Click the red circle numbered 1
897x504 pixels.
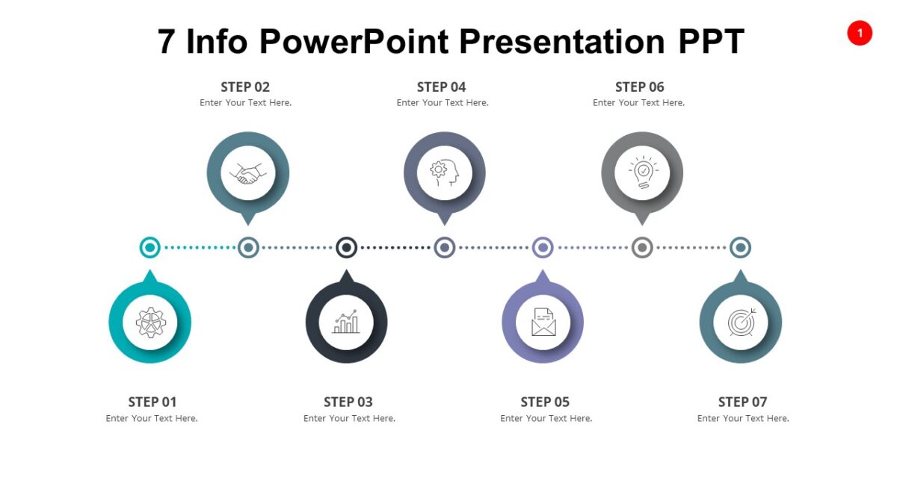tap(859, 33)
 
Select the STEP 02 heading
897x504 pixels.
tap(245, 87)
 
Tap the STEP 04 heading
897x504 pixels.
tap(441, 87)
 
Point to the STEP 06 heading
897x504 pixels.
tap(639, 87)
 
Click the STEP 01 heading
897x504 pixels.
tap(152, 402)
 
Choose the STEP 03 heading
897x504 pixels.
tap(348, 402)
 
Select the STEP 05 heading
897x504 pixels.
tap(545, 402)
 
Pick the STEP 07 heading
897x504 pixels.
tap(742, 402)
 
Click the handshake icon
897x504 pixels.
tap(248, 173)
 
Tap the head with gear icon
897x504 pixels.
tap(444, 172)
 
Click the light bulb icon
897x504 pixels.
tap(641, 172)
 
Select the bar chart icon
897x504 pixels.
tap(346, 323)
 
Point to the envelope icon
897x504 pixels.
tap(543, 323)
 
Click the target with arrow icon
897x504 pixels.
tap(741, 323)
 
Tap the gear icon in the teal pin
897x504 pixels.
tap(150, 323)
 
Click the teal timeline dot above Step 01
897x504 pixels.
tap(150, 247)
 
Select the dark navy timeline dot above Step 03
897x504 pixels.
tap(346, 247)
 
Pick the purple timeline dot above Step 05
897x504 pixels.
tap(543, 247)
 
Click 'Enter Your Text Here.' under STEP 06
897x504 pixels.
tap(638, 103)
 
